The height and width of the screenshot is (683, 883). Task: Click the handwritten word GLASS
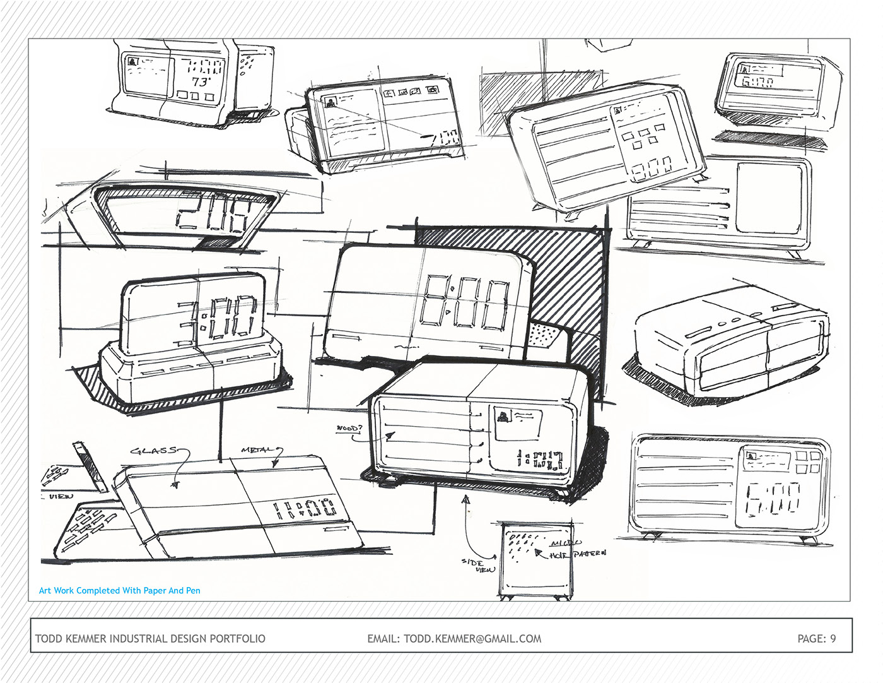(x=153, y=451)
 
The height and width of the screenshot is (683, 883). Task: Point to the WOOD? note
(x=349, y=429)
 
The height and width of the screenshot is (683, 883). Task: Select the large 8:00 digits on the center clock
(x=465, y=303)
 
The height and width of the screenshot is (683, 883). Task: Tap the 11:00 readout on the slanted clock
(x=305, y=508)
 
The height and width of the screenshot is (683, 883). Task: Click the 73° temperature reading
(x=201, y=82)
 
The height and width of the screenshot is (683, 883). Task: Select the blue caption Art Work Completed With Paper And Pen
(x=120, y=591)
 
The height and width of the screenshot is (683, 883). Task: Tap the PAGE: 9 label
(x=816, y=638)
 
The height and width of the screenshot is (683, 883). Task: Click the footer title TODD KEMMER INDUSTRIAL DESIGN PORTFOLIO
(x=150, y=638)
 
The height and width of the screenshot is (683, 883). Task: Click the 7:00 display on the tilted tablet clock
(x=441, y=138)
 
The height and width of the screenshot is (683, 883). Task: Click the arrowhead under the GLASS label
(x=175, y=485)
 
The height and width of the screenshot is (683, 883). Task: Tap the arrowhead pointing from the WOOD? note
(x=390, y=435)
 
